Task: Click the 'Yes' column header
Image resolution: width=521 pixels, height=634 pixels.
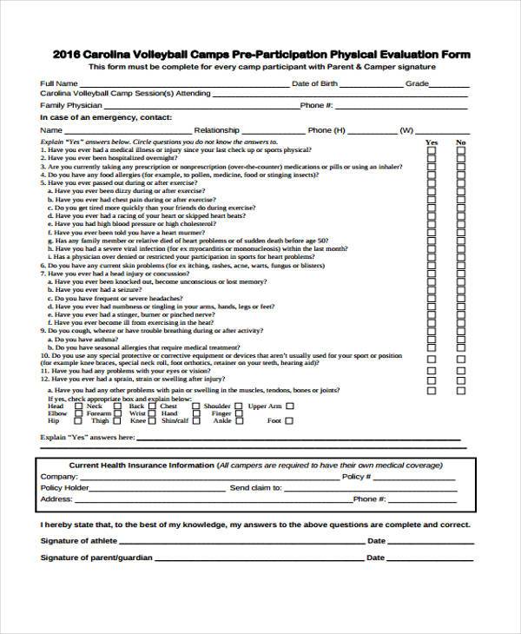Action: (x=431, y=142)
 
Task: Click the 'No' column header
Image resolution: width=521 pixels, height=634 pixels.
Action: (x=461, y=142)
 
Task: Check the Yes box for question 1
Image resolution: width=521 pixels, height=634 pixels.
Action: (x=431, y=150)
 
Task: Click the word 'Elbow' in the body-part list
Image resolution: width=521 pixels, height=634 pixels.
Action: (x=57, y=413)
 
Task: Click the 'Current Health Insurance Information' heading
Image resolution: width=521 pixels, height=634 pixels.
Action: (x=142, y=466)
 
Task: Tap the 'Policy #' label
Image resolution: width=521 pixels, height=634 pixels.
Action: (x=357, y=477)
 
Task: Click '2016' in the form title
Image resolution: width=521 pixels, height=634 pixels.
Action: (x=66, y=54)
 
